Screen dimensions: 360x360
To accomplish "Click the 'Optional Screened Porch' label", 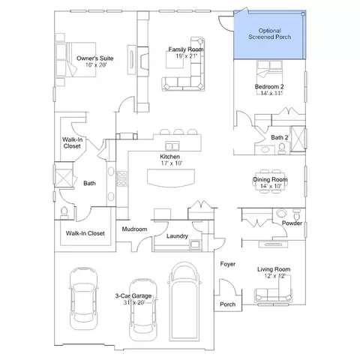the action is click(x=269, y=34).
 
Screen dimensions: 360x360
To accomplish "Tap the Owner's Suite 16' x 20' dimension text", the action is click(x=96, y=65).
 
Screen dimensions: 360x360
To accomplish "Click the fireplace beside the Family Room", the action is click(x=143, y=61).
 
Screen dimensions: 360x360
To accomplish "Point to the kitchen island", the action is click(x=171, y=178).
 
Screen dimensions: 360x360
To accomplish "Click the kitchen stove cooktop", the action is click(x=122, y=178).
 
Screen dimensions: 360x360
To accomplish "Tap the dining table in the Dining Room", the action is click(x=270, y=181).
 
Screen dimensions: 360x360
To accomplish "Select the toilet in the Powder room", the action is click(x=297, y=214).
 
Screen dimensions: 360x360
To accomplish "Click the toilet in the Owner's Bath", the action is click(x=64, y=212).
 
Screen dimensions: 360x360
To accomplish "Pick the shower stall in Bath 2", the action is click(x=298, y=139).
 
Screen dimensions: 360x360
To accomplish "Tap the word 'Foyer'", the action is click(x=228, y=264).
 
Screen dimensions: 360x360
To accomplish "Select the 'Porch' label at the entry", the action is click(x=227, y=304).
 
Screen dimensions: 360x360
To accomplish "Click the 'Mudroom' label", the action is click(x=134, y=229).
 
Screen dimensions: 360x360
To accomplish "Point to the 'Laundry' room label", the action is click(x=177, y=236).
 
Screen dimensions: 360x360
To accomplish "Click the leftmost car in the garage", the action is click(x=83, y=298).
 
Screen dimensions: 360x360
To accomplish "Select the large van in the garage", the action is click(x=184, y=301).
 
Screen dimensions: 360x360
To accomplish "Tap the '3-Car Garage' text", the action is click(x=133, y=295).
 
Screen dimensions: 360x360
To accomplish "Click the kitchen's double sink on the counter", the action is click(x=172, y=145).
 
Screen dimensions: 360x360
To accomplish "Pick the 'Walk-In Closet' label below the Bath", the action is click(x=85, y=233).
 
